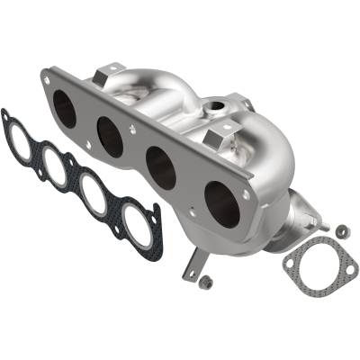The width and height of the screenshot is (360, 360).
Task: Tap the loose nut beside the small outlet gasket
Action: click(x=342, y=231)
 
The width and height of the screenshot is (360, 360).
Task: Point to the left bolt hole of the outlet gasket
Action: click(x=290, y=265)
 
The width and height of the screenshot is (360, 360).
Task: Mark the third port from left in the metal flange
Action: click(x=161, y=167)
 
